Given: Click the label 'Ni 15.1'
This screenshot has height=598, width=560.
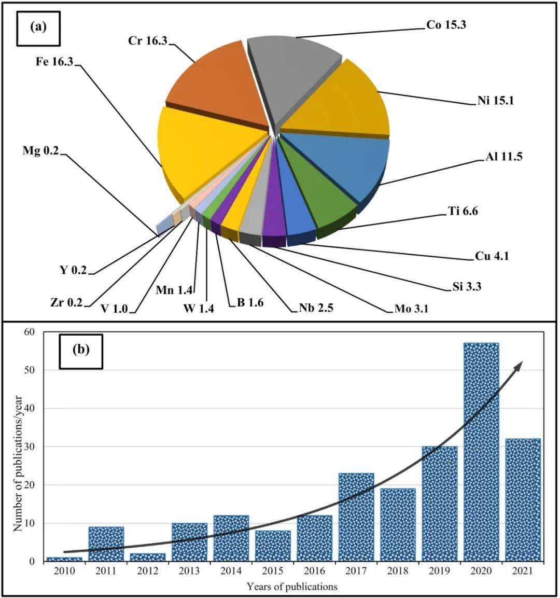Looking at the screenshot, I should (x=495, y=101).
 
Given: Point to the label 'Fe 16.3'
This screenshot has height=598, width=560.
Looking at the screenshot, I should (x=54, y=62).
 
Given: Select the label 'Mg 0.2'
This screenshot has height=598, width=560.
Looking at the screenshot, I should (x=41, y=151).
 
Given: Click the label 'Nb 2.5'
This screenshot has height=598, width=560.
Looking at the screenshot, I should (x=315, y=308).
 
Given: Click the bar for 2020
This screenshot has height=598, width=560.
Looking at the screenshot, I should (x=481, y=451).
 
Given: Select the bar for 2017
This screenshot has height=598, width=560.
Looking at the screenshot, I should (x=356, y=517).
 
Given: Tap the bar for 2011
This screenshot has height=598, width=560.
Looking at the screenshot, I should (x=106, y=544).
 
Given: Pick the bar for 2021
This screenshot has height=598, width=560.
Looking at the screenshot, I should (x=523, y=499).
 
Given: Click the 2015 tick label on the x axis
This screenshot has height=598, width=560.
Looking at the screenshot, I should (x=272, y=571).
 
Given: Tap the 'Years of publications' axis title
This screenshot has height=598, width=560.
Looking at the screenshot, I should (x=292, y=587).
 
